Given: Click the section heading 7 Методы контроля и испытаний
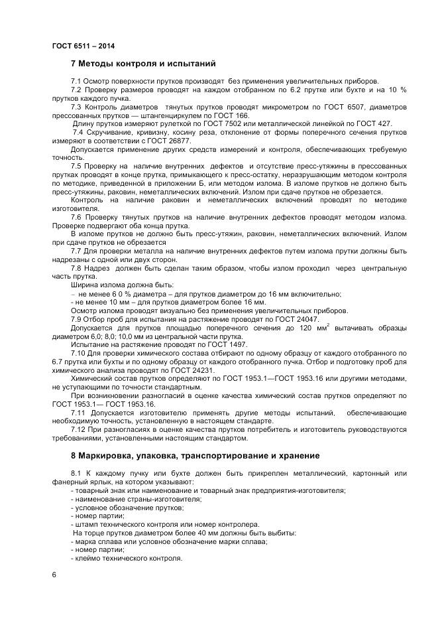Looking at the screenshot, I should point(143,64).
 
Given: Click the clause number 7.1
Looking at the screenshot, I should point(76,81).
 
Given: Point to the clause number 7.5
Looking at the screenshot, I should point(76,166).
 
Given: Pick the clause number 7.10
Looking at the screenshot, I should point(78,354).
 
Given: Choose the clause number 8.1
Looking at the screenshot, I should point(76,473).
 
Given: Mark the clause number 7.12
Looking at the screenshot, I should point(78,430).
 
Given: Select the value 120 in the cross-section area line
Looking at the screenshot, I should point(306,328).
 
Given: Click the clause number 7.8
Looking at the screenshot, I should point(76,268).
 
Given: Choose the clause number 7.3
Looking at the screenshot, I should point(76,106).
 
